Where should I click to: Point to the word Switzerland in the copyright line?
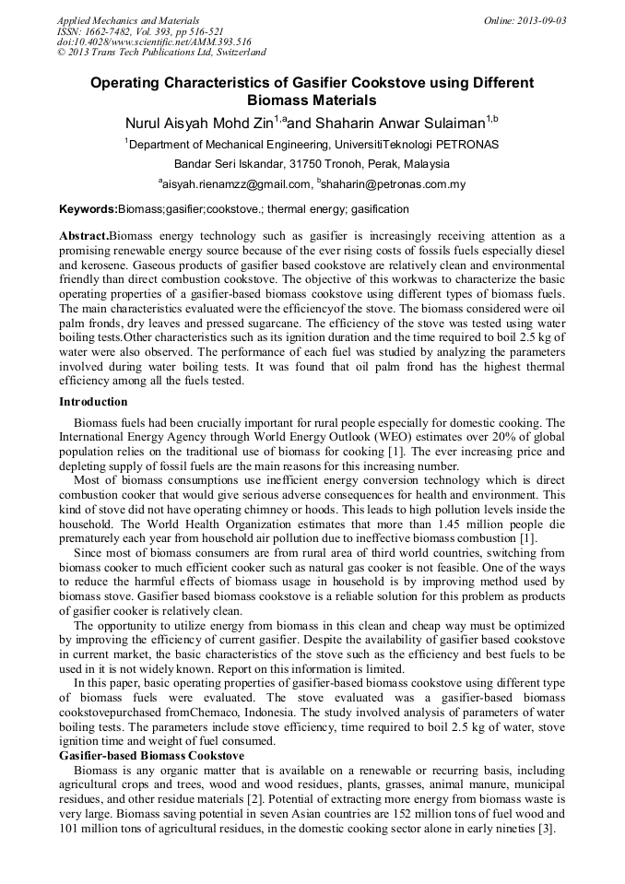tap(237, 53)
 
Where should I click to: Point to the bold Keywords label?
tap(88, 210)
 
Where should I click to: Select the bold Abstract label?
tap(84, 236)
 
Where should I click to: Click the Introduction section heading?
tap(93, 402)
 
